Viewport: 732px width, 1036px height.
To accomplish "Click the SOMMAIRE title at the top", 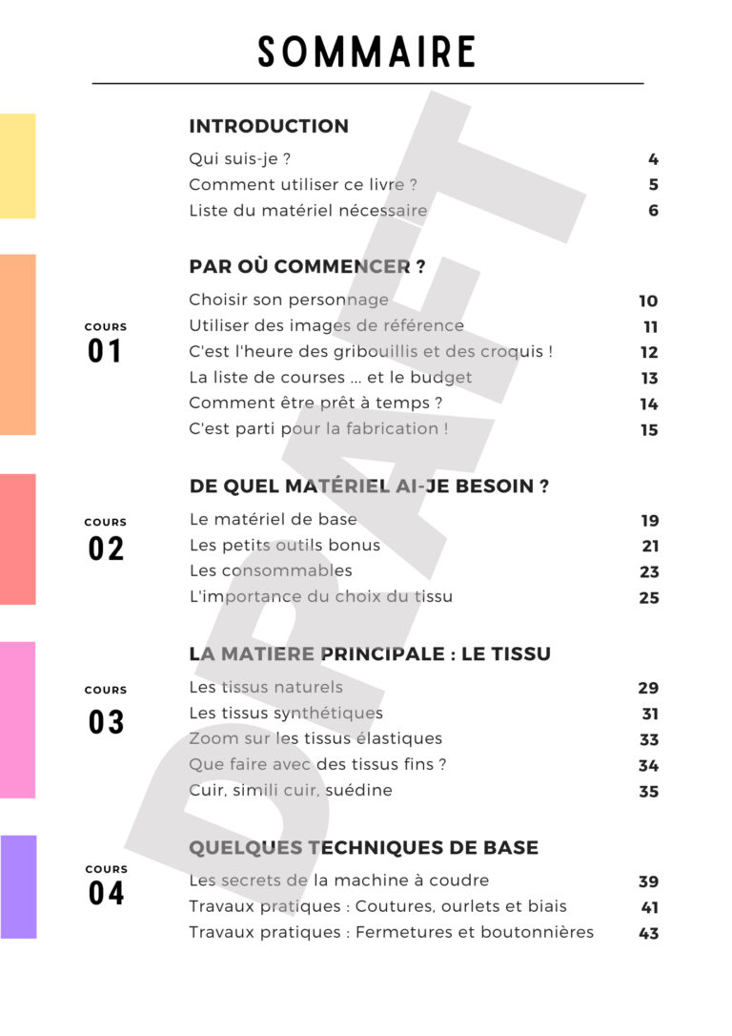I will coord(366,52).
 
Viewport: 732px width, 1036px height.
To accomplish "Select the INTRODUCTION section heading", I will coord(269,126).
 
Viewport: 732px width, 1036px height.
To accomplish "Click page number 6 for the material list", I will coord(653,211).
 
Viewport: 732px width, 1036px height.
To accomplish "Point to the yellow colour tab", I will coord(18,166).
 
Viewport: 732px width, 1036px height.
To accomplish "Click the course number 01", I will coord(105,352).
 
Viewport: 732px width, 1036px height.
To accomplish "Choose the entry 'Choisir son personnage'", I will coord(289,300).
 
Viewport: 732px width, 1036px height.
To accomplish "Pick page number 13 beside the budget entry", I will coord(649,378).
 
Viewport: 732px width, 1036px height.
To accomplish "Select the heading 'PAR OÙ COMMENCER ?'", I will coord(307,267).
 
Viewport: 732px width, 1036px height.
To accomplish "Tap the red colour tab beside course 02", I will coord(18,539).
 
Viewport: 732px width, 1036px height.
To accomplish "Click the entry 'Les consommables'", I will coord(271,570).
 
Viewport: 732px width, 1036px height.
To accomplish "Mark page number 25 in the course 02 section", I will coord(649,598).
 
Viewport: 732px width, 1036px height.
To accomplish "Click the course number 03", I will coord(106,722).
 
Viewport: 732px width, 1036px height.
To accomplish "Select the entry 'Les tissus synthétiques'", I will coord(286,713).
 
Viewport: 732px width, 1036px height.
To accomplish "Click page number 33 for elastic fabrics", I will coord(649,739).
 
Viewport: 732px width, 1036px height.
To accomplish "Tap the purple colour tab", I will coord(18,886).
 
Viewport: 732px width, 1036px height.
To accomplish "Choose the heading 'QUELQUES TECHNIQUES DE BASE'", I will coord(363,847).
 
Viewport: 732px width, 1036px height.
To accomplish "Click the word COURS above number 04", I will coord(106,869).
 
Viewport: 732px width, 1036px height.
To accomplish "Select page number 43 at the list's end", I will coord(649,933).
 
